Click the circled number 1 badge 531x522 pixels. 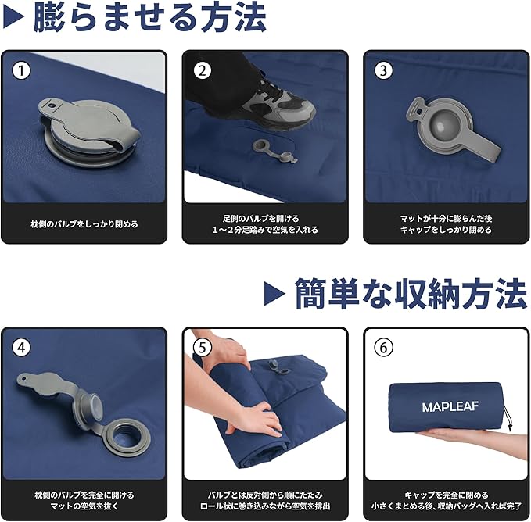(x=21, y=70)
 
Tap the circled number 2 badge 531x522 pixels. (x=203, y=70)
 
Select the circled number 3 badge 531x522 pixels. (x=383, y=70)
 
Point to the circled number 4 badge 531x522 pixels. (x=21, y=347)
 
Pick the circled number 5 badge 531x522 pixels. (x=203, y=347)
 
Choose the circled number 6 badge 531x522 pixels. (x=383, y=347)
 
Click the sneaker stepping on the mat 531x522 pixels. (x=278, y=102)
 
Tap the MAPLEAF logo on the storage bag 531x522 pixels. (x=450, y=406)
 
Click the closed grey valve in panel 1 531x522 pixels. (x=88, y=133)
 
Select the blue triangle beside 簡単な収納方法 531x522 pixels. (x=274, y=293)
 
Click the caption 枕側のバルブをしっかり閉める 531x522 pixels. (x=84, y=224)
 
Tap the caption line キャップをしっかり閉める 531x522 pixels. (x=446, y=230)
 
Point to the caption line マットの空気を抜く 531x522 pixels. (x=84, y=506)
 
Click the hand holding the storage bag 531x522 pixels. (x=471, y=441)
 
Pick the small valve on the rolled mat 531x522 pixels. (x=277, y=367)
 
